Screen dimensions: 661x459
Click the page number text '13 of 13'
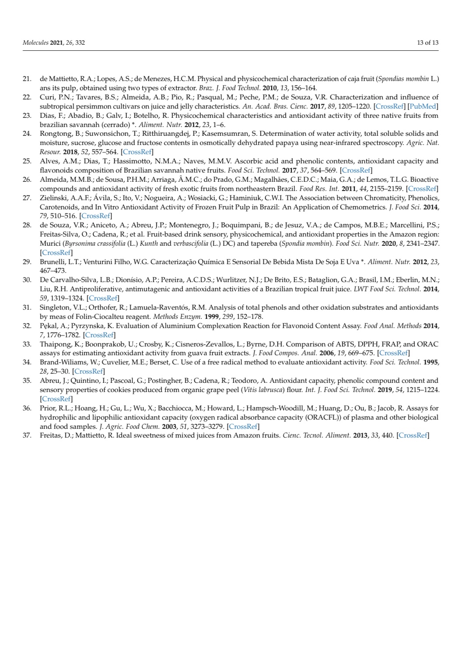pos(427,42)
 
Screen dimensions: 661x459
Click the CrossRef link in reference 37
pos(413,435)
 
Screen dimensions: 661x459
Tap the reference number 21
pos(27,79)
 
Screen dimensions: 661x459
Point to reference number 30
pos(27,280)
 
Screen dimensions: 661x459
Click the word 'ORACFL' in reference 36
pos(315,417)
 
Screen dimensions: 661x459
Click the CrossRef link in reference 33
pos(394,353)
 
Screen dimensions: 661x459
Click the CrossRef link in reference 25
pos(356,170)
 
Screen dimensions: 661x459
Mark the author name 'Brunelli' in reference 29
pos(52,262)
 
